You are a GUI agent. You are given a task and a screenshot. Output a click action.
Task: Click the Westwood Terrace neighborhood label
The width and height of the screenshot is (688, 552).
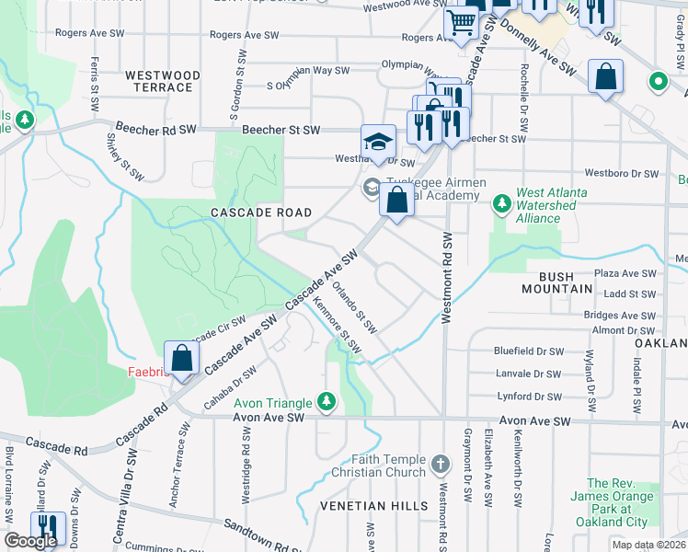click(x=159, y=81)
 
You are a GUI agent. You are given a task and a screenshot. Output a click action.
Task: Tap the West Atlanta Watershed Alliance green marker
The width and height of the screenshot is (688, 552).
click(x=501, y=201)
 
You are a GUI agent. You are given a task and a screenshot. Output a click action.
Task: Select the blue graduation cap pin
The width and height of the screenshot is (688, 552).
click(x=377, y=142)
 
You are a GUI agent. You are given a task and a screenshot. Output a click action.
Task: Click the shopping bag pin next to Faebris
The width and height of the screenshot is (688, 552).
click(x=182, y=358)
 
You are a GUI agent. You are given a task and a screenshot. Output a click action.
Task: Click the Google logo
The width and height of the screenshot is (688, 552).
click(x=30, y=541)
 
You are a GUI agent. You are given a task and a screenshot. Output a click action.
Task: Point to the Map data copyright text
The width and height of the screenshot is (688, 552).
click(x=648, y=545)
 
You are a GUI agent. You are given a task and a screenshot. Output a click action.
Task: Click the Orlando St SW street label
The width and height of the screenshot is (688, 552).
click(x=354, y=307)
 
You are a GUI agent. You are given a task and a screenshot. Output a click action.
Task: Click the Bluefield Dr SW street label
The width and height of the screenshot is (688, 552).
click(x=527, y=351)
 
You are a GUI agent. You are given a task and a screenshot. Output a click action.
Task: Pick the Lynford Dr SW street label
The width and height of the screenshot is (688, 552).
click(x=527, y=397)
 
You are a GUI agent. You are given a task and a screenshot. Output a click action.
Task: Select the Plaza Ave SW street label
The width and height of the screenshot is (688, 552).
click(x=625, y=273)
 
